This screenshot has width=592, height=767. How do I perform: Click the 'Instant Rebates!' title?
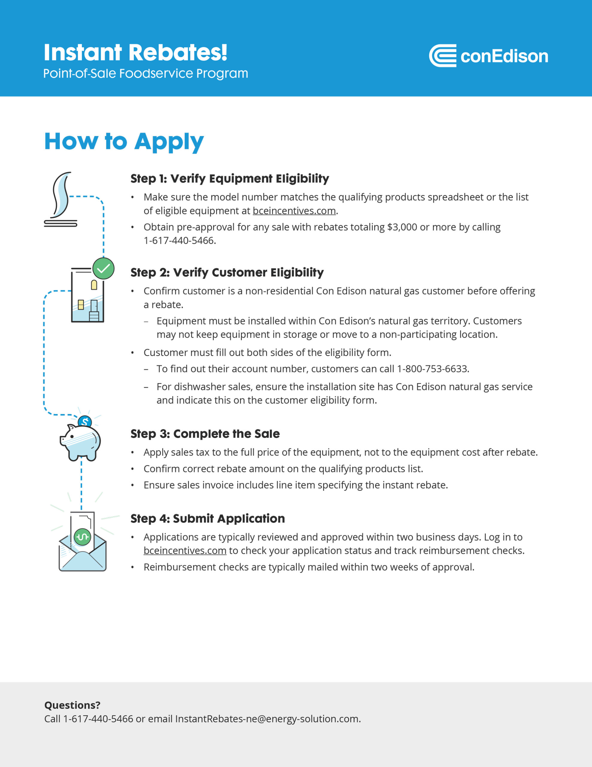click(x=136, y=53)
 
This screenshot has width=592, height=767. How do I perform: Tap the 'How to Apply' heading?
click(x=124, y=141)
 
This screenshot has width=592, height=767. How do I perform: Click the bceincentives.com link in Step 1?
click(x=294, y=211)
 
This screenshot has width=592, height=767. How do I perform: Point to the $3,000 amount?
click(x=402, y=227)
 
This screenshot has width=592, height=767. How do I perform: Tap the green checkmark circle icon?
click(x=104, y=269)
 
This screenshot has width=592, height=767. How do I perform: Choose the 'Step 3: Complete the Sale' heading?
click(x=205, y=434)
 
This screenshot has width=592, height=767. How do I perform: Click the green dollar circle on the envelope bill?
click(x=83, y=537)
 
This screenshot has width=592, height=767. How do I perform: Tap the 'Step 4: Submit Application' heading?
click(x=207, y=518)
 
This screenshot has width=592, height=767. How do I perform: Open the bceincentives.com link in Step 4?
click(x=185, y=551)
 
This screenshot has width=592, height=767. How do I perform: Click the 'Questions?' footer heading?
click(x=72, y=705)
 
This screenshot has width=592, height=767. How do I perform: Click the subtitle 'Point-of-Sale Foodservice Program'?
click(x=146, y=73)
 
